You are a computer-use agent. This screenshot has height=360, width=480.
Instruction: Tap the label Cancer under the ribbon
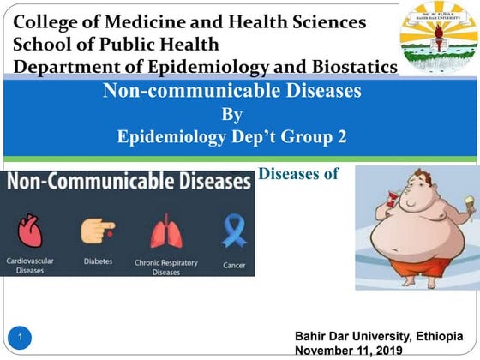pos(234,266)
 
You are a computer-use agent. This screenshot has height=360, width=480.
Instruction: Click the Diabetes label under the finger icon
pos(96,261)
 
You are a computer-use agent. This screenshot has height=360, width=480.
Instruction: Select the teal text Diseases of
pos(298,174)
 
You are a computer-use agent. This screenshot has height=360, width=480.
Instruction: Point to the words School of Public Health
pos(116,44)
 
